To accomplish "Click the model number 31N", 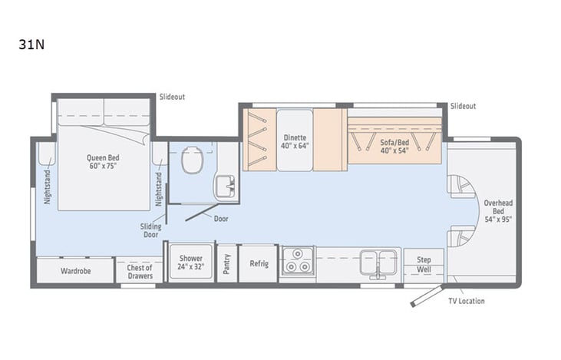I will (x=31, y=44).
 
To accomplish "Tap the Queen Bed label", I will (x=103, y=163).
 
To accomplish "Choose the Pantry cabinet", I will (x=226, y=263).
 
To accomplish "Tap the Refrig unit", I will (x=259, y=263).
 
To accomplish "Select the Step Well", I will (x=424, y=264).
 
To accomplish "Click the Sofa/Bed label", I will (x=394, y=146).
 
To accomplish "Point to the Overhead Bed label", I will (x=497, y=211).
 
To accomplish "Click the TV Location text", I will (x=466, y=301).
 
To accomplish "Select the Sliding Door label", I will (x=150, y=231).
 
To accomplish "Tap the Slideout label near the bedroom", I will (x=172, y=97).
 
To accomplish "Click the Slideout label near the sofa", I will (x=463, y=106).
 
